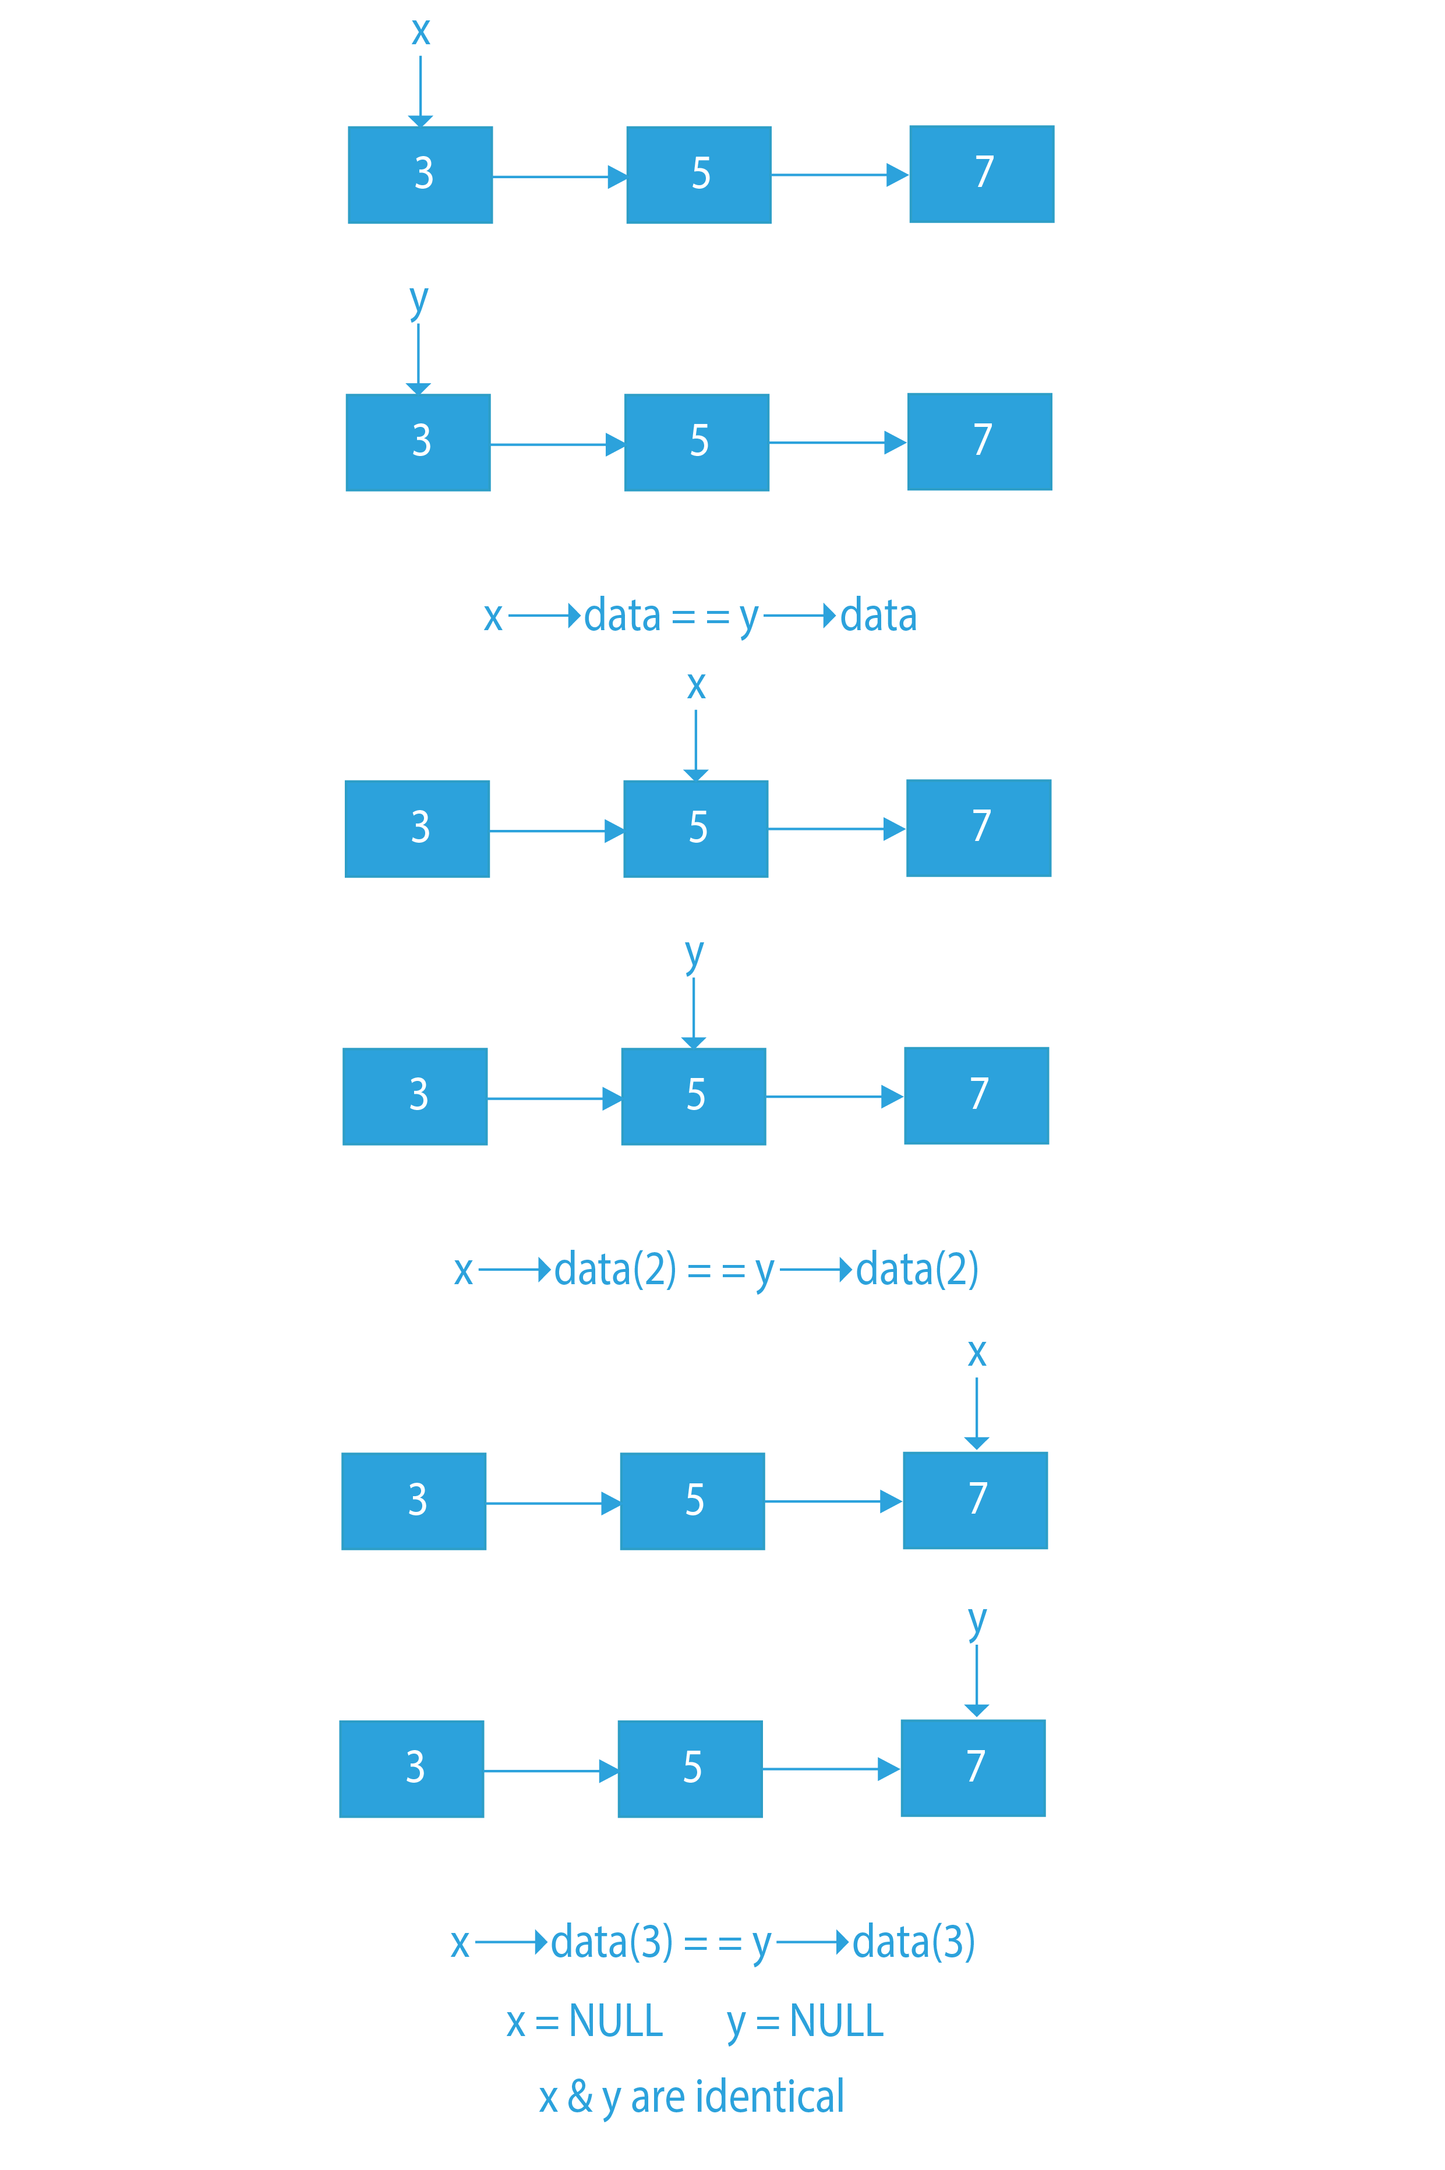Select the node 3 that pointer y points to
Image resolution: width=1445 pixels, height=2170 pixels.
coord(418,442)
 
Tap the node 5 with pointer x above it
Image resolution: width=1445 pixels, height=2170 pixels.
coord(696,828)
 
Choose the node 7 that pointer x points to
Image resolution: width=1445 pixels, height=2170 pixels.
coord(975,1500)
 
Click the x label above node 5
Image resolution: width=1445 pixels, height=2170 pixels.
coord(697,685)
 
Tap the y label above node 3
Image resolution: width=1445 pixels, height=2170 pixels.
coord(418,301)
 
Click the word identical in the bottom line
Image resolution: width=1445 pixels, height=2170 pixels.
coord(771,2096)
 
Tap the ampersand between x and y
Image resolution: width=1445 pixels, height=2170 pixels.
coord(580,2096)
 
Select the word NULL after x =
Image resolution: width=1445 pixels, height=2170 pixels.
coord(616,2021)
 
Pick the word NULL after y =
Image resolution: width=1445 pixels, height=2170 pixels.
coord(837,2021)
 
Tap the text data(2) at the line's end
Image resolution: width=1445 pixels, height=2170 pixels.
coord(917,1270)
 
